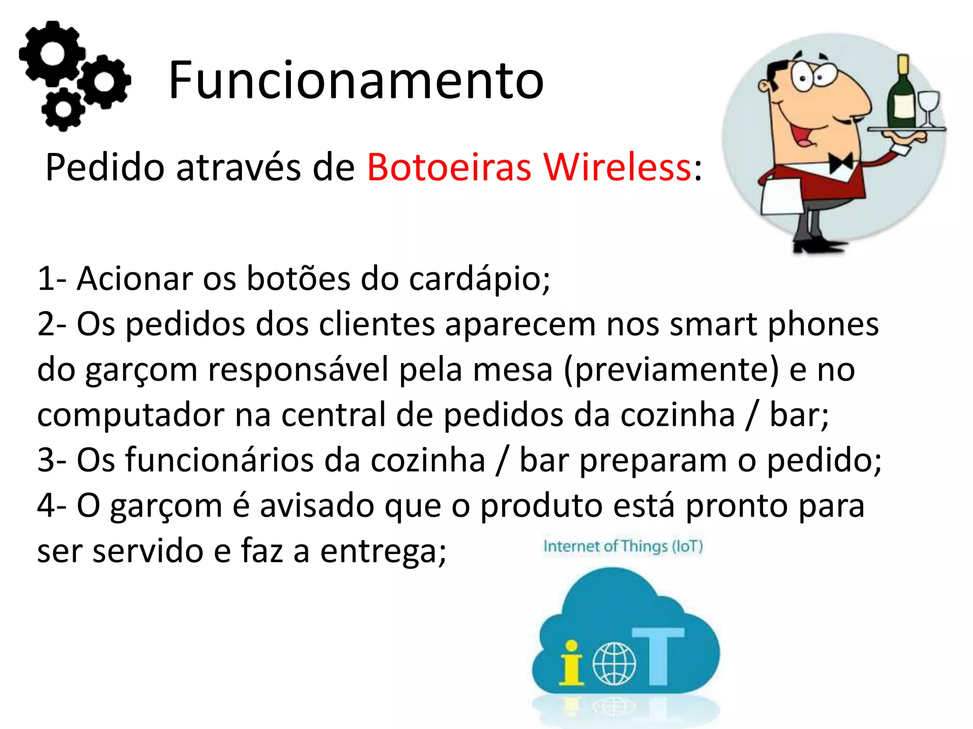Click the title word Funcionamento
point(356,80)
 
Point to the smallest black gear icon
point(62,109)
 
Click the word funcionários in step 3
point(242,460)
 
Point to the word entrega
point(382,551)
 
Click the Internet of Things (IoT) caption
point(623,546)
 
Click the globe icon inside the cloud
point(614,664)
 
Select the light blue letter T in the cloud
point(658,655)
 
